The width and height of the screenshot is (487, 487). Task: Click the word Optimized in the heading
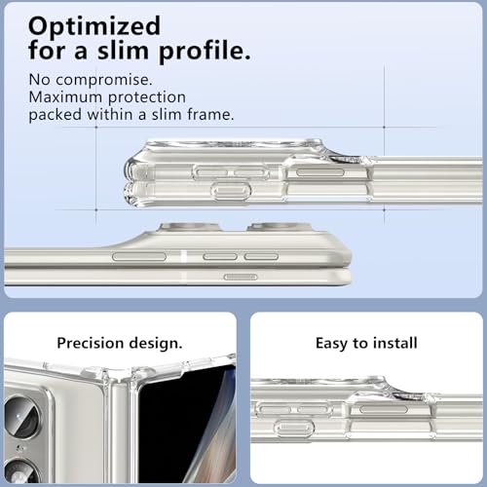94,27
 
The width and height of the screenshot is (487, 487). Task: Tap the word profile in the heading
205,52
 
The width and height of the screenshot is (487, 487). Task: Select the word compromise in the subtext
104,81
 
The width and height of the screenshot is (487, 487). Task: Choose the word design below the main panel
156,344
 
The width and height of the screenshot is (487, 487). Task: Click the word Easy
331,344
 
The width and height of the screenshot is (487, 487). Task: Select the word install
395,343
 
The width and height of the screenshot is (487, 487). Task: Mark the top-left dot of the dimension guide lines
96,128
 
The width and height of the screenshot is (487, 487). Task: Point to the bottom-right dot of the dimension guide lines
384,209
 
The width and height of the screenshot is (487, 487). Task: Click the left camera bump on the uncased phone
188,227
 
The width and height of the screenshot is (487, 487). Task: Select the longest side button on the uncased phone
139,256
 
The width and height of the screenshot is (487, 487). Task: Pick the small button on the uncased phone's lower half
241,277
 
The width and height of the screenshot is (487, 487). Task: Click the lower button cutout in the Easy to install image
294,428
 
